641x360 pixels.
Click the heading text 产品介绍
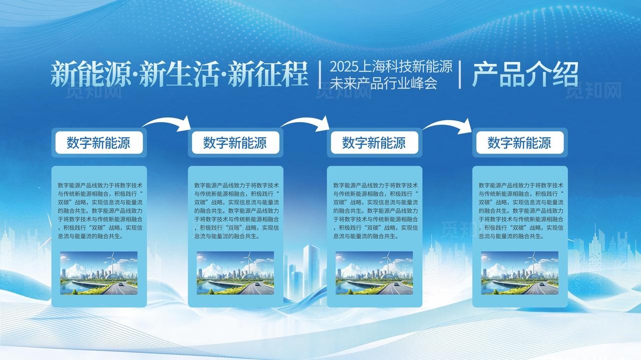(x=525, y=75)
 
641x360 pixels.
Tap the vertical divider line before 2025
(x=319, y=75)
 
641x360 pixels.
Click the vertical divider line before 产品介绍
(x=460, y=75)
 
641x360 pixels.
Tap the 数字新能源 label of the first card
(x=99, y=143)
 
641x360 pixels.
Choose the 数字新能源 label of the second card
(x=235, y=143)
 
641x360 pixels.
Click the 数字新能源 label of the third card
(x=374, y=143)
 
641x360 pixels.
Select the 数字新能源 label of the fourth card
(x=519, y=143)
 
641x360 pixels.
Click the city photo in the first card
(x=99, y=273)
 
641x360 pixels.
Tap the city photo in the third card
(x=374, y=273)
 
